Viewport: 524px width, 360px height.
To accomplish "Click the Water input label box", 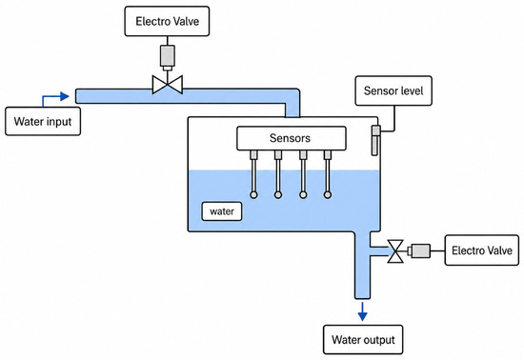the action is coord(43,121).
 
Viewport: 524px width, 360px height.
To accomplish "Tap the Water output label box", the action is coord(363,340).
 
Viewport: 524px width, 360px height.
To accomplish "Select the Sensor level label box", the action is coord(393,90).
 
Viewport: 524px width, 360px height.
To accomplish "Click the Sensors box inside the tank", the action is coord(292,138).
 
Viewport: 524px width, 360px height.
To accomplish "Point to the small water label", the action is coord(222,211).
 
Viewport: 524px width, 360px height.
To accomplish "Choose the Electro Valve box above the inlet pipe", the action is coord(167,21).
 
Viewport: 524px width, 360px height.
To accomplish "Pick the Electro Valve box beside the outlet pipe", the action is coord(481,250).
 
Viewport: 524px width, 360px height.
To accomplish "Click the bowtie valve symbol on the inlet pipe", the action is coord(168,85).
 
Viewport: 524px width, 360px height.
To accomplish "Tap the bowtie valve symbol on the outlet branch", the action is coord(395,251).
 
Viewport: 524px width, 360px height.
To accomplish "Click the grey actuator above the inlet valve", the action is coord(167,57).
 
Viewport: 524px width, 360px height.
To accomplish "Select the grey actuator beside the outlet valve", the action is coord(419,250).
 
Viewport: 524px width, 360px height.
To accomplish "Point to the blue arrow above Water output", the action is coord(363,311).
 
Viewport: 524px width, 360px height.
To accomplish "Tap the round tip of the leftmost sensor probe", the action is coord(253,194).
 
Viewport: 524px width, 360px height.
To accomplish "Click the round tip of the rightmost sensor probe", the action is coord(328,194).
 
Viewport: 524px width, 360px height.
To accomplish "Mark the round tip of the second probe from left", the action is coord(278,194).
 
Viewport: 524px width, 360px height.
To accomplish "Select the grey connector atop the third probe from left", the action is coord(303,155).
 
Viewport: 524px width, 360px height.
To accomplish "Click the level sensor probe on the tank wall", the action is coord(375,140).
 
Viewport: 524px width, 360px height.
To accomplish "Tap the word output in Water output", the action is coord(379,340).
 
